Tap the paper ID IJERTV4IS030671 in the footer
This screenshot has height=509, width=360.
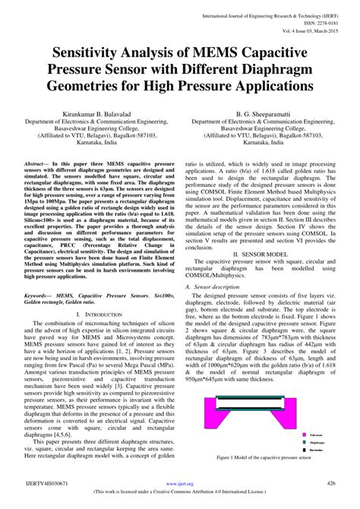coord(46,483)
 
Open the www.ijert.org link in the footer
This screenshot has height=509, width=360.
coord(180,483)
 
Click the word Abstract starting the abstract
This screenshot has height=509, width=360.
coord(36,163)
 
